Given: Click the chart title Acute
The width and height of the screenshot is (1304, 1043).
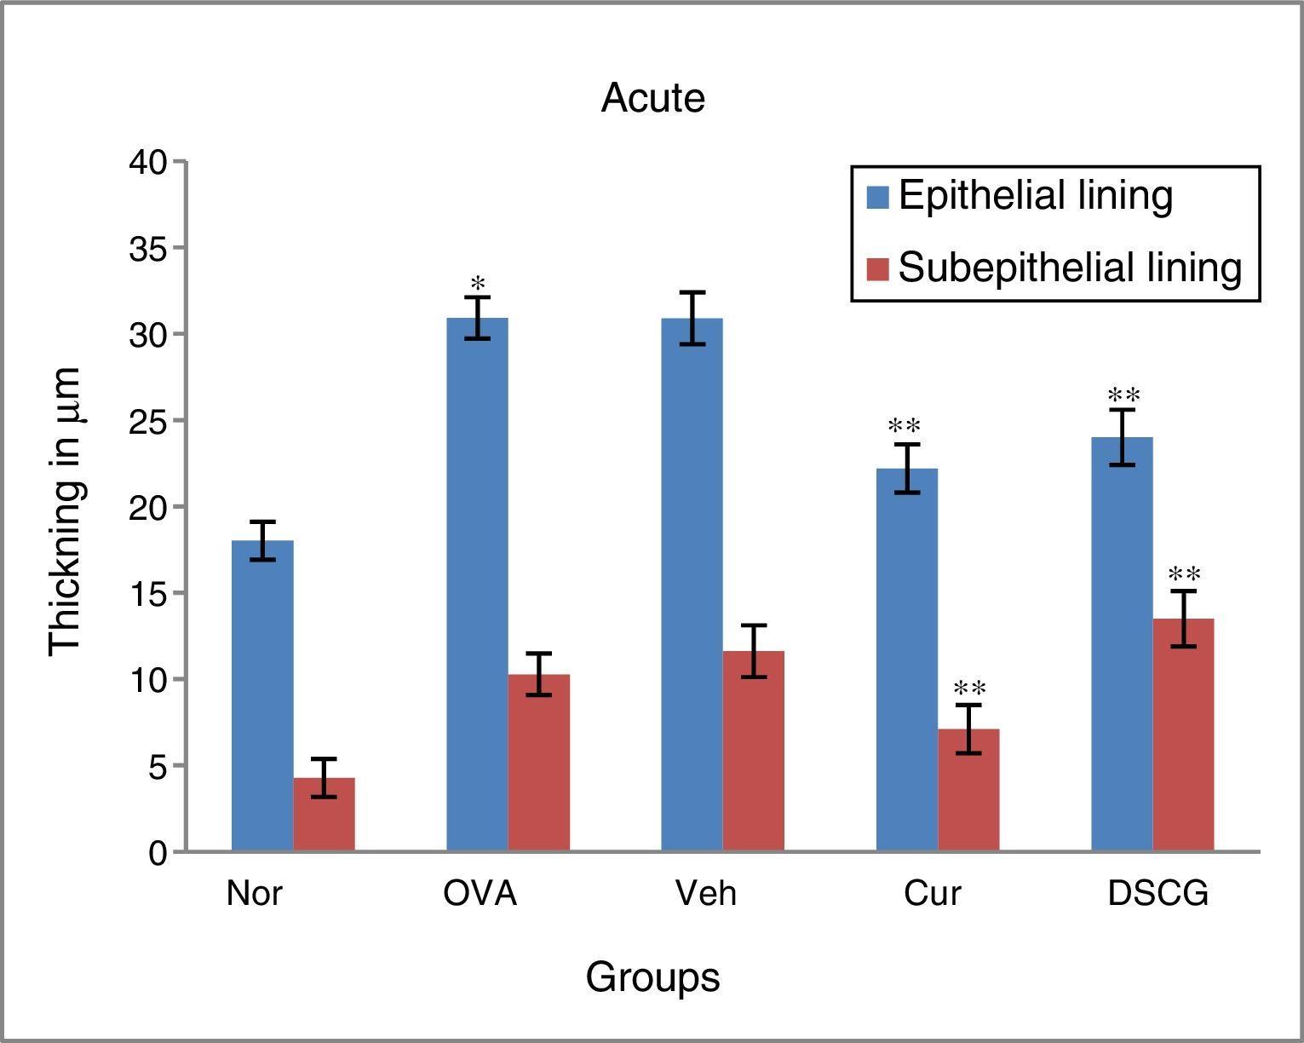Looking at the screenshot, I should (x=652, y=98).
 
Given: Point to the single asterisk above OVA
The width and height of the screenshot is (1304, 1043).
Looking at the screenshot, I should (x=478, y=284).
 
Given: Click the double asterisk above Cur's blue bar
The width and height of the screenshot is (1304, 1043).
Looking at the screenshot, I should (x=905, y=427).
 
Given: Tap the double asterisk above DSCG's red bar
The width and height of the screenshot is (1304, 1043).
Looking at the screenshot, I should (x=1185, y=575).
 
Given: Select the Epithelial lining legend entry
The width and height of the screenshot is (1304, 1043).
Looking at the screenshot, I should (x=1035, y=196).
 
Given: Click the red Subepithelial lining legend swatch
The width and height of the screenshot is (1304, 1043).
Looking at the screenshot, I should (x=877, y=268).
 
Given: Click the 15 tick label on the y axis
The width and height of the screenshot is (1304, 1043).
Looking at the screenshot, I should (x=149, y=594).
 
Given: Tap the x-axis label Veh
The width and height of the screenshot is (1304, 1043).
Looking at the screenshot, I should (x=706, y=894).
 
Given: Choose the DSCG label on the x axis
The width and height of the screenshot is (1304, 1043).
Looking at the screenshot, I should (x=1158, y=894).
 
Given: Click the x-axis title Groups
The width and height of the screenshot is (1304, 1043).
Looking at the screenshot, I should (x=652, y=977).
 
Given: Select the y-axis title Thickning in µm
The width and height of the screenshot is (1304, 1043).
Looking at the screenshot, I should (x=65, y=511).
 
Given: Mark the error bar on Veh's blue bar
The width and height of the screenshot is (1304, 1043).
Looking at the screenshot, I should (x=692, y=318).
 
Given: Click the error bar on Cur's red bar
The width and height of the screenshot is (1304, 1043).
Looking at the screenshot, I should (x=968, y=729).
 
